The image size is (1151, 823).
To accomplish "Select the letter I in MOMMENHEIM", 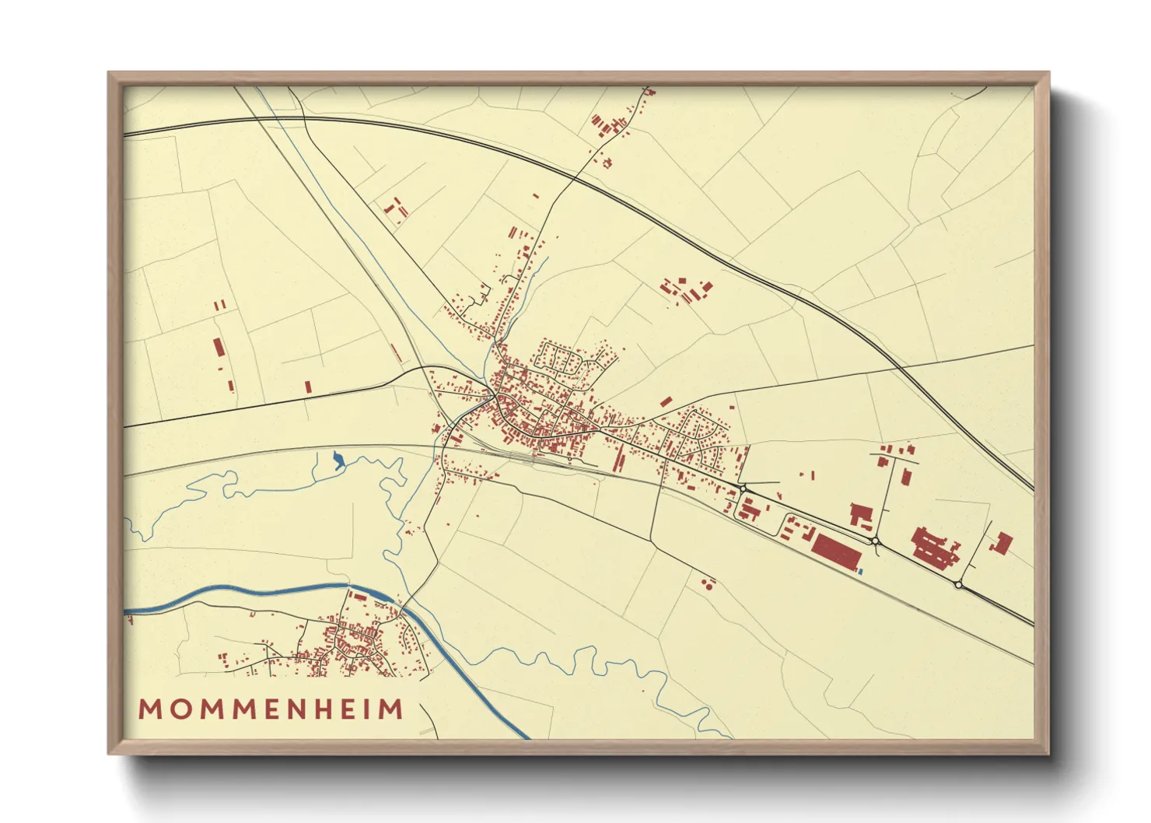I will tap(376, 709).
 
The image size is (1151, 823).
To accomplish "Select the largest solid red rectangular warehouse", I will tap(835, 552).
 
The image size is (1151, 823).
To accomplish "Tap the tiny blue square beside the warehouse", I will tap(860, 572).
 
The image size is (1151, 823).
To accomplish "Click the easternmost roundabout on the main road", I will tap(958, 584).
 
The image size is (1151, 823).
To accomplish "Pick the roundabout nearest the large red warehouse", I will tap(875, 540).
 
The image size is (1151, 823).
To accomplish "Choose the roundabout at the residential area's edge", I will tap(743, 489).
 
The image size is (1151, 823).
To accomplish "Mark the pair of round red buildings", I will tap(708, 583).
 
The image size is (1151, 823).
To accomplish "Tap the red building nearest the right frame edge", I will tap(1003, 542).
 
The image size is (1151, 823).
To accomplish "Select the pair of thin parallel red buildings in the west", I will tap(219, 305).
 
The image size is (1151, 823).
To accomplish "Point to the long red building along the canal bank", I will tap(359, 597).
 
